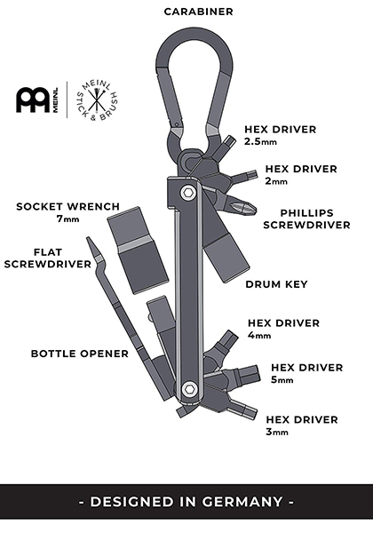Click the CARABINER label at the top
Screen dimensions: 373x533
point(198,12)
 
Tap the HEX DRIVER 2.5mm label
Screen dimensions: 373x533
point(281,135)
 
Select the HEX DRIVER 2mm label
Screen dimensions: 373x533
point(301,174)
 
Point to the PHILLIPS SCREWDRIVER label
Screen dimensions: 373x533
point(306,219)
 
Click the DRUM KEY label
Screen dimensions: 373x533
point(276,284)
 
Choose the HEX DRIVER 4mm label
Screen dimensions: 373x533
point(283,329)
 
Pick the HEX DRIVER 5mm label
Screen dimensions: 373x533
point(306,373)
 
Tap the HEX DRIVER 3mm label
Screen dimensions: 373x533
point(302,425)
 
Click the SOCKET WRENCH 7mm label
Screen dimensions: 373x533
point(68,212)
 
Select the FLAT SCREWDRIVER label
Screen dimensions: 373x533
point(48,258)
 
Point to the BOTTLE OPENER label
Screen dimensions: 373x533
point(80,354)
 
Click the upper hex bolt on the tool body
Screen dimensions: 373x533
point(187,194)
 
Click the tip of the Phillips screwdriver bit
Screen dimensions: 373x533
point(255,206)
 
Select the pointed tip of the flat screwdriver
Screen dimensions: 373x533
point(88,239)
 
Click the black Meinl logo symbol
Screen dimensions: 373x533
point(33,100)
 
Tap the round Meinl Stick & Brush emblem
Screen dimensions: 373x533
point(97,101)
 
